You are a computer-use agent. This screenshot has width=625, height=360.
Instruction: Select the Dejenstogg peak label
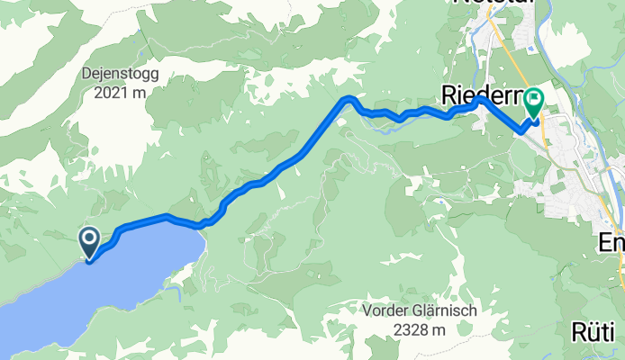(121, 76)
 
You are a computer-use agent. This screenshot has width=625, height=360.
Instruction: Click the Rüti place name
(596, 332)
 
